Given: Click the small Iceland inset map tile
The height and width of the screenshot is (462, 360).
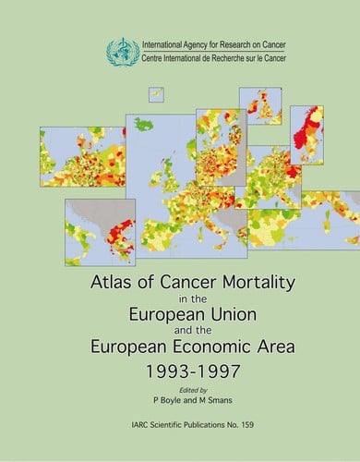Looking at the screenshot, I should (157, 95).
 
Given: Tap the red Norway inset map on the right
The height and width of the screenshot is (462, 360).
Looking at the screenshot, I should (306, 134).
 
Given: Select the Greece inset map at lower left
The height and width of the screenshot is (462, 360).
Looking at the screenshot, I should (100, 231).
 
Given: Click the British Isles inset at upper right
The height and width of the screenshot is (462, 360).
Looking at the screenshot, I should (260, 106).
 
